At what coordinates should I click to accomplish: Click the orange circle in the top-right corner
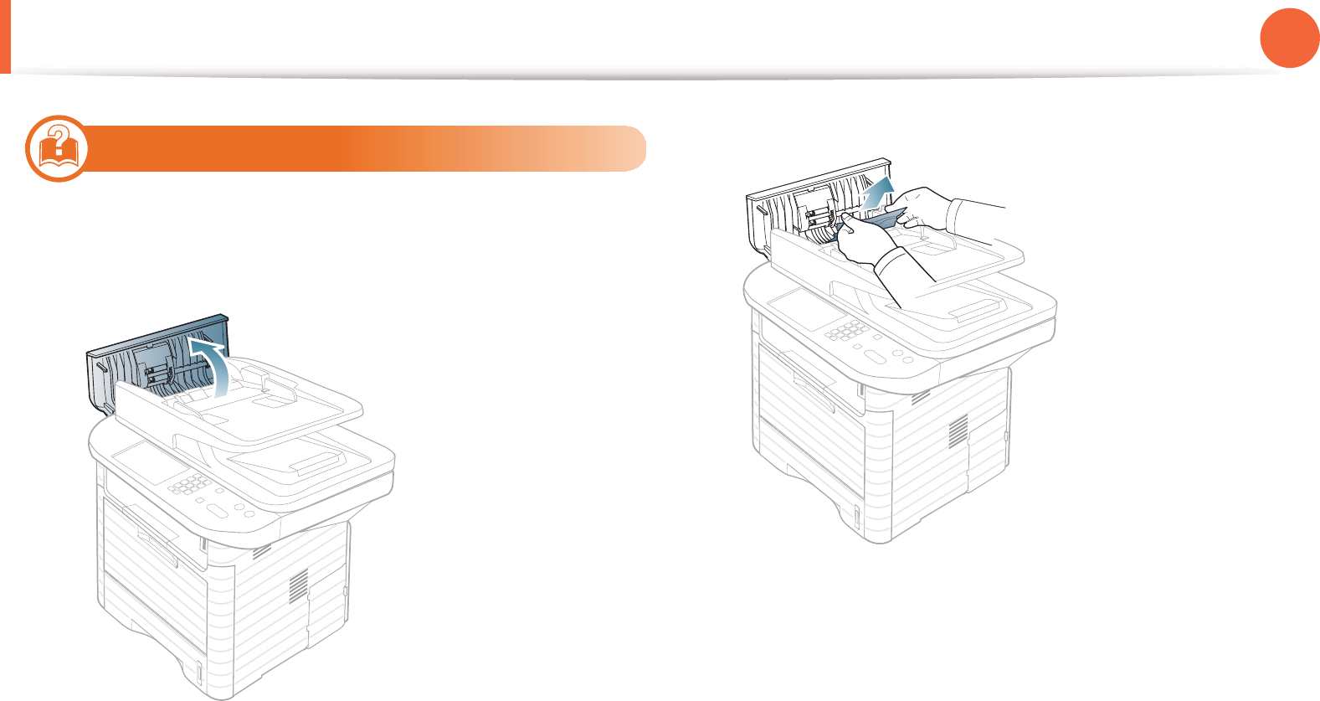click(1290, 38)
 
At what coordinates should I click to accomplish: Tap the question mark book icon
click(57, 147)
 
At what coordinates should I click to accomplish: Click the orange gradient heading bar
click(368, 148)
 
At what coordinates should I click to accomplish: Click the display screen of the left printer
click(144, 463)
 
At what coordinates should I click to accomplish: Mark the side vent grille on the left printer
click(299, 585)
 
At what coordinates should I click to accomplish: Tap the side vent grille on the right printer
click(958, 430)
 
